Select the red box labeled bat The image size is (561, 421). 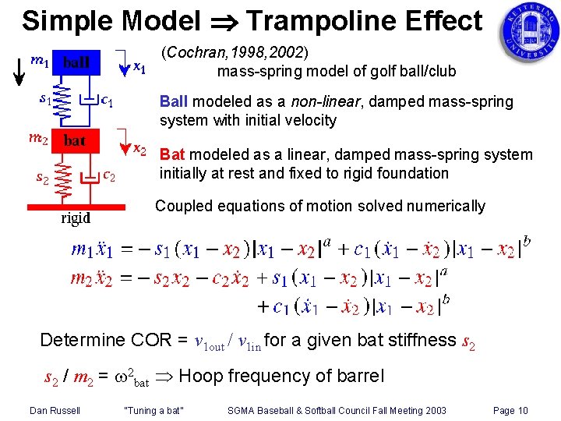pos(75,140)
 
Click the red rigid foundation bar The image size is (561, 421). pos(76,206)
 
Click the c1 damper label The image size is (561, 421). pos(110,100)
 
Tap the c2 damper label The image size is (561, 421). pos(110,176)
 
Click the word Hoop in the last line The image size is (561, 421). pos(203,376)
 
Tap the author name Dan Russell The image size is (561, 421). pos(55,410)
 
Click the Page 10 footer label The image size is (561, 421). pos(510,410)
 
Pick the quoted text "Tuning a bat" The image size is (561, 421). pos(153,410)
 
